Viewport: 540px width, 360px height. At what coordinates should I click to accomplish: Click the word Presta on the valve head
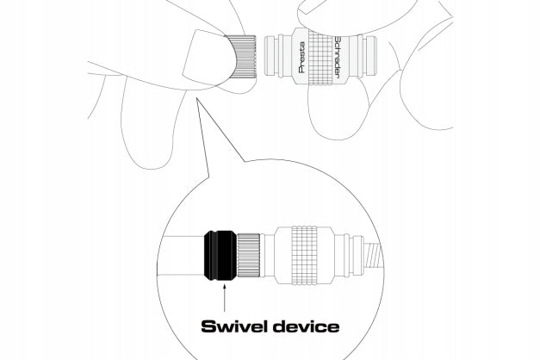(301, 57)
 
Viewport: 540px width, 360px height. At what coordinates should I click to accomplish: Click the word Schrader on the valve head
(338, 57)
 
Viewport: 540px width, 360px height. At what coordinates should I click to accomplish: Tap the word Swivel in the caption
(235, 326)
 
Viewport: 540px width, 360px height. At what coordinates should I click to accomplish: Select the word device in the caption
(307, 326)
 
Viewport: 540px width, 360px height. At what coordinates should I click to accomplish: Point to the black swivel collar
(220, 255)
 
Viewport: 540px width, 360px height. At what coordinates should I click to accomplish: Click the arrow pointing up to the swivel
(225, 297)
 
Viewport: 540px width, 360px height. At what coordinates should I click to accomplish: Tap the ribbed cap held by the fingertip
(243, 57)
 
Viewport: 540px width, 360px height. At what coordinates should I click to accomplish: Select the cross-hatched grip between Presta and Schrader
(321, 57)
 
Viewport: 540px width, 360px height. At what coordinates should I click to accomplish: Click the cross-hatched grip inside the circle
(304, 255)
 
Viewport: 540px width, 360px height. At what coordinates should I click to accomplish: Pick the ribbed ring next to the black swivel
(248, 255)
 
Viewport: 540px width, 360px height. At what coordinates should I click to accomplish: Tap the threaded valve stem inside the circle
(373, 255)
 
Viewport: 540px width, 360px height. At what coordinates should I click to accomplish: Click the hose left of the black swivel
(181, 255)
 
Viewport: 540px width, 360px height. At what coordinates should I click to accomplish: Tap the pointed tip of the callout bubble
(196, 98)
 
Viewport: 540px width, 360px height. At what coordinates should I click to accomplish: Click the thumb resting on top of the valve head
(355, 17)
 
